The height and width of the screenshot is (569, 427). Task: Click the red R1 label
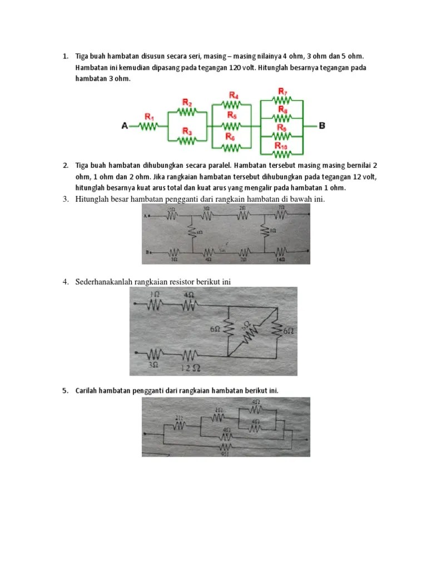(x=149, y=117)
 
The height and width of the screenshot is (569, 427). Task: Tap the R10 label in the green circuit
(x=282, y=145)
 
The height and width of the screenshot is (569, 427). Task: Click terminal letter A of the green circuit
(x=125, y=126)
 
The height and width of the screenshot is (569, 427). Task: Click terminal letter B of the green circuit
(x=322, y=126)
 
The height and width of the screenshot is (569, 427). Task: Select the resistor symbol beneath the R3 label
(x=187, y=140)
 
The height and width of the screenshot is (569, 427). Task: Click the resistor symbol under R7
(x=282, y=101)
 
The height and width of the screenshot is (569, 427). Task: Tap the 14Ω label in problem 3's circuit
(x=282, y=259)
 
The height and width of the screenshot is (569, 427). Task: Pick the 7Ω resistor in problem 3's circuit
(x=281, y=214)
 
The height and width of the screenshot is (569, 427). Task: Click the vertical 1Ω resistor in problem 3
(x=265, y=230)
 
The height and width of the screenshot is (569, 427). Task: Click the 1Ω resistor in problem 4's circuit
(x=155, y=304)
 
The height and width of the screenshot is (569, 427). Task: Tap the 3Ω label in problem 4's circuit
(x=154, y=365)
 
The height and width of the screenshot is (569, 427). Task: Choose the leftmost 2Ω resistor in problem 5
(x=179, y=425)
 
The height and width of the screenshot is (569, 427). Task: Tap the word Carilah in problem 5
(x=87, y=391)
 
